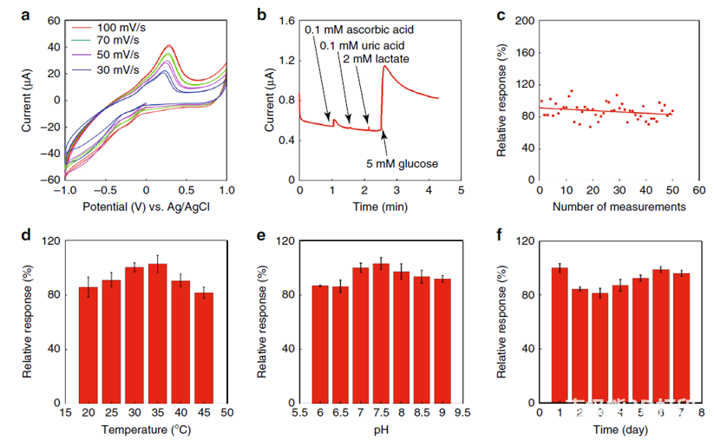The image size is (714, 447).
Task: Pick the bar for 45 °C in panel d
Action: point(203,347)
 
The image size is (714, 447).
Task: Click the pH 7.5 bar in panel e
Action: point(381,333)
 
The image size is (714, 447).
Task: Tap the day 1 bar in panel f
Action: point(560,335)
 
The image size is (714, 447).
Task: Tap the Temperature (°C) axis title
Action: point(145,429)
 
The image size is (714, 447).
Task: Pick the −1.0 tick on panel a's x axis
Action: point(63,190)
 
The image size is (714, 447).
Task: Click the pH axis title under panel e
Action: point(381,429)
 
